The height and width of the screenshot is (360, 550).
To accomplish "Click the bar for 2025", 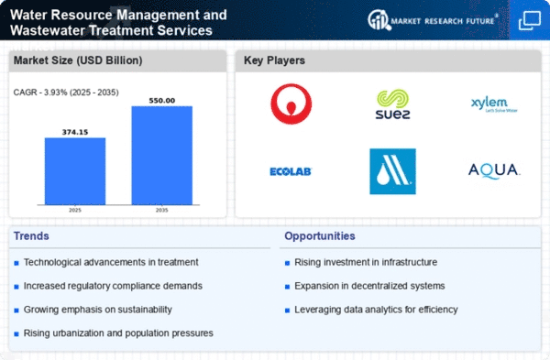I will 75,171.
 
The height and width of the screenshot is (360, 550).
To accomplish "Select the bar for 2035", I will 162,156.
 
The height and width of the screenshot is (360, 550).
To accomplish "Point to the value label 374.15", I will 75,131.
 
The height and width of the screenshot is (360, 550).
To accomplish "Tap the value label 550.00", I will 162,99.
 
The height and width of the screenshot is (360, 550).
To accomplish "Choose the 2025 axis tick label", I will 75,211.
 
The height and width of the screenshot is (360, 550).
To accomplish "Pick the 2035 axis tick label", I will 162,211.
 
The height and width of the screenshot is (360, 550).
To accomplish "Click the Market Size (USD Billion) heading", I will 76,61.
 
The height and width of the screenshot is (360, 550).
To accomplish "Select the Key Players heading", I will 276,61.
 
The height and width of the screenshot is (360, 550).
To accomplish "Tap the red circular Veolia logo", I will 291,104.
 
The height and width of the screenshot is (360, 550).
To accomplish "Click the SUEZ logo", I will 392,105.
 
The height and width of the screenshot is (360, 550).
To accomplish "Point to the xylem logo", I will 494,105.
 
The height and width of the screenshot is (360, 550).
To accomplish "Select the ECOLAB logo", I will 291,171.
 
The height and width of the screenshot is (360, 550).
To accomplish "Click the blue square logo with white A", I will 392,171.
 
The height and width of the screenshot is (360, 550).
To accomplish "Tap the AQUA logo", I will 494,170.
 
